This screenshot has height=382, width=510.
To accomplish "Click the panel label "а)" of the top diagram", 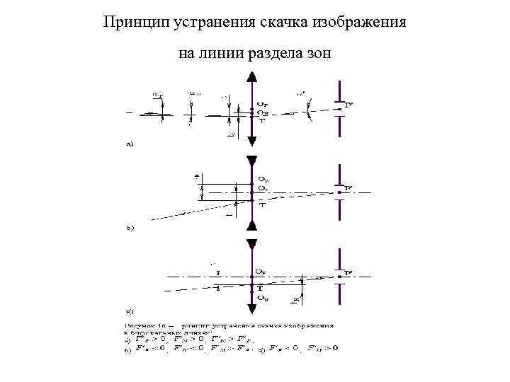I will click(x=130, y=146).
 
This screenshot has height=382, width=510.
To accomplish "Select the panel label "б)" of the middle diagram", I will click(x=130, y=228).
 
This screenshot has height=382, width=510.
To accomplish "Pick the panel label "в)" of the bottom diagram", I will click(x=130, y=311).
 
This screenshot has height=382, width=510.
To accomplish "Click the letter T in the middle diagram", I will click(x=261, y=205).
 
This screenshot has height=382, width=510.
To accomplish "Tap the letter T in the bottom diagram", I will click(x=261, y=289).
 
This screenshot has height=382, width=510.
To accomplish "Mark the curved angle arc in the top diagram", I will click(x=309, y=113).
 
